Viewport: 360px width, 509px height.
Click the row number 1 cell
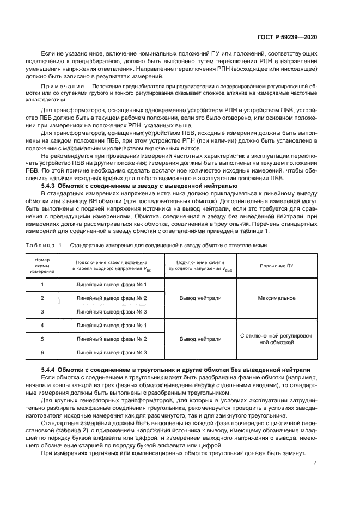pyautogui.click(x=42, y=285)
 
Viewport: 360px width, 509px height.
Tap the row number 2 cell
pyautogui.click(x=42, y=298)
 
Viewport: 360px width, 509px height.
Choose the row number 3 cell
pyautogui.click(x=42, y=311)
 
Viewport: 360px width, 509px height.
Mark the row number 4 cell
pyautogui.click(x=42, y=326)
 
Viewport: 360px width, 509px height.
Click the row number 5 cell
pyautogui.click(x=42, y=339)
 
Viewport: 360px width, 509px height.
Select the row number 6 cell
pyautogui.click(x=42, y=352)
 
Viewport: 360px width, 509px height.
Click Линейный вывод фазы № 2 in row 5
pyautogui.click(x=112, y=339)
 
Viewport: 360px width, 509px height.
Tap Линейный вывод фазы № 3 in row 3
pyautogui.click(x=112, y=311)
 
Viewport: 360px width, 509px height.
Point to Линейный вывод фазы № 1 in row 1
pyautogui.click(x=112, y=285)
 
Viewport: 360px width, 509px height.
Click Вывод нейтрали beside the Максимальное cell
pyautogui.click(x=200, y=298)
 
